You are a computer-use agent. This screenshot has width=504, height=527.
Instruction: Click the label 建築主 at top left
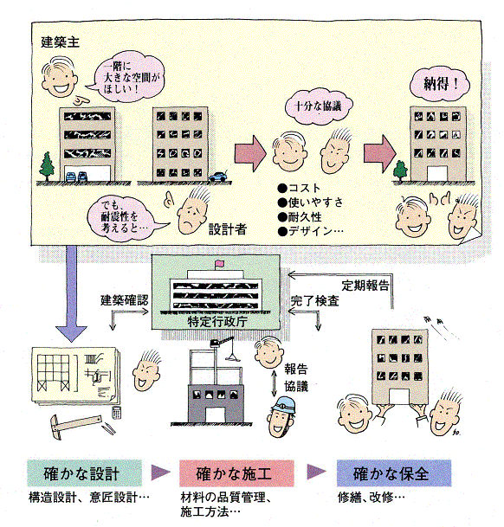coord(59,42)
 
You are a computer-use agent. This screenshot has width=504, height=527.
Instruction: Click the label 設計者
coord(228,230)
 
